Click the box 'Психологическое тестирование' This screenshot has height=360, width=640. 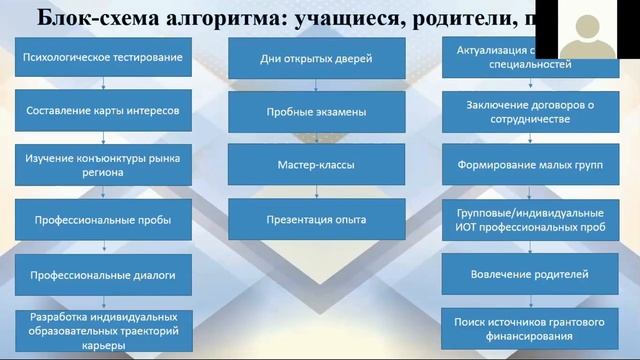point(103,58)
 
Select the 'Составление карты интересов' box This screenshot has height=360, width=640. point(103,111)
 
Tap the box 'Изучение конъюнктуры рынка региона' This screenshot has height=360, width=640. point(103,164)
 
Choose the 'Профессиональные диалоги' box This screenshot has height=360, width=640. point(103,272)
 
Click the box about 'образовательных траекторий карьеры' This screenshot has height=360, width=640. point(103,329)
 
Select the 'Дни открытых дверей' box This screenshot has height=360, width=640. point(316,60)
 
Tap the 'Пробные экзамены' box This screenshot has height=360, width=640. point(316,112)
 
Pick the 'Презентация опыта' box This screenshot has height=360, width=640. point(316,219)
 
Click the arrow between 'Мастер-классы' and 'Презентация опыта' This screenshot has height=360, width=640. point(316,191)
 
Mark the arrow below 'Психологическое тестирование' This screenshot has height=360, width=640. point(103,84)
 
